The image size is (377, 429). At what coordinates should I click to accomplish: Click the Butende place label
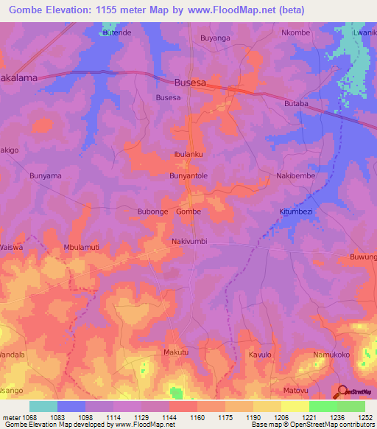117,33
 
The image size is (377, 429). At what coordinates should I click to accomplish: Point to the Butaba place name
296,105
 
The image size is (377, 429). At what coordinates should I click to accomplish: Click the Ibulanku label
188,153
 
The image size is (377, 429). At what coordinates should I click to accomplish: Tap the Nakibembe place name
295,176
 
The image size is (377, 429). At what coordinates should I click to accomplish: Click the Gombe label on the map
188,212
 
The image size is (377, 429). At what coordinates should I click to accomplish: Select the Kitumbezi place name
296,212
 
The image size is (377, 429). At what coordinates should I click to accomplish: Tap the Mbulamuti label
82,248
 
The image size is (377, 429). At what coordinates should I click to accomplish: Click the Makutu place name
177,354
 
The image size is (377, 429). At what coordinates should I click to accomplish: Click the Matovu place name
296,390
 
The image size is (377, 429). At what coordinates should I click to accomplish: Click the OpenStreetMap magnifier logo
344,392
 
